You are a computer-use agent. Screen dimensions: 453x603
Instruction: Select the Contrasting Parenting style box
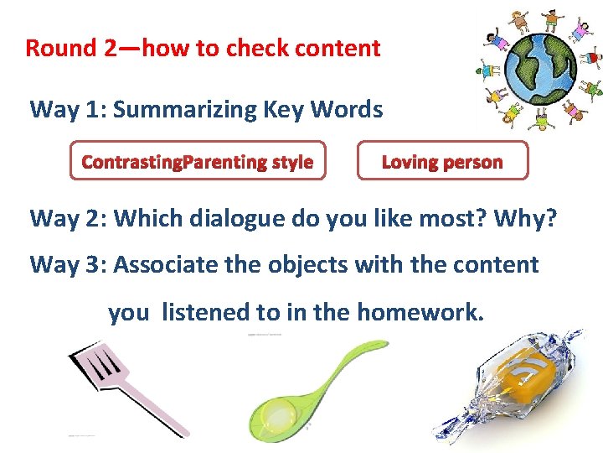click(x=198, y=161)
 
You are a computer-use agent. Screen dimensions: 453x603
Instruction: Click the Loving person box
click(x=442, y=161)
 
